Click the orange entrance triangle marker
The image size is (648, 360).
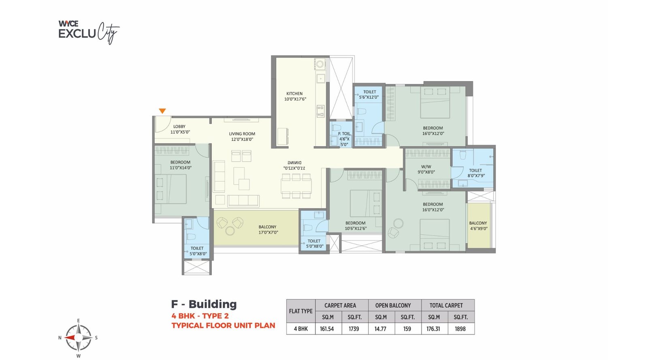162,111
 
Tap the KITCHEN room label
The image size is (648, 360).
295,96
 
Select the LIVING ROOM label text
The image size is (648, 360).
242,136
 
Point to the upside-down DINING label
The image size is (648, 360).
294,165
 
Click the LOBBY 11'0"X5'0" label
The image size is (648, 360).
179,129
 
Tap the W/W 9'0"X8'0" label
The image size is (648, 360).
426,169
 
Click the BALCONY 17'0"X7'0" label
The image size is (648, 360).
268,230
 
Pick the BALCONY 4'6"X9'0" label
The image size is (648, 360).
478,226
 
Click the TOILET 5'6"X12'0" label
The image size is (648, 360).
369,94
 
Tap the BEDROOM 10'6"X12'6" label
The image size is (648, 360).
356,226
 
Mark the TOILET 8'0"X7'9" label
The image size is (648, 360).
476,173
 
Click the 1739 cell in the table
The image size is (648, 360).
354,329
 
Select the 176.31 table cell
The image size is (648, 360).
433,329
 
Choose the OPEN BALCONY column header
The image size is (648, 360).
393,305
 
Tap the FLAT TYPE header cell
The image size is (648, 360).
301,311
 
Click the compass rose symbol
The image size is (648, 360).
79,337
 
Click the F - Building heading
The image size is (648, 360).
204,304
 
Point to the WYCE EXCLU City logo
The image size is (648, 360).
88,32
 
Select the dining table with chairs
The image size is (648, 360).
296,186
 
